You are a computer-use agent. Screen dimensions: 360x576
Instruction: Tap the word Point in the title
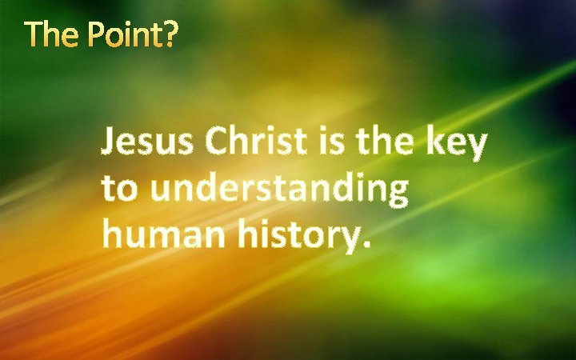click(x=125, y=35)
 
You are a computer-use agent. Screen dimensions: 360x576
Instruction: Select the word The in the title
click(x=52, y=35)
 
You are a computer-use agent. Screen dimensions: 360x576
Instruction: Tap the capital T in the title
click(x=34, y=35)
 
